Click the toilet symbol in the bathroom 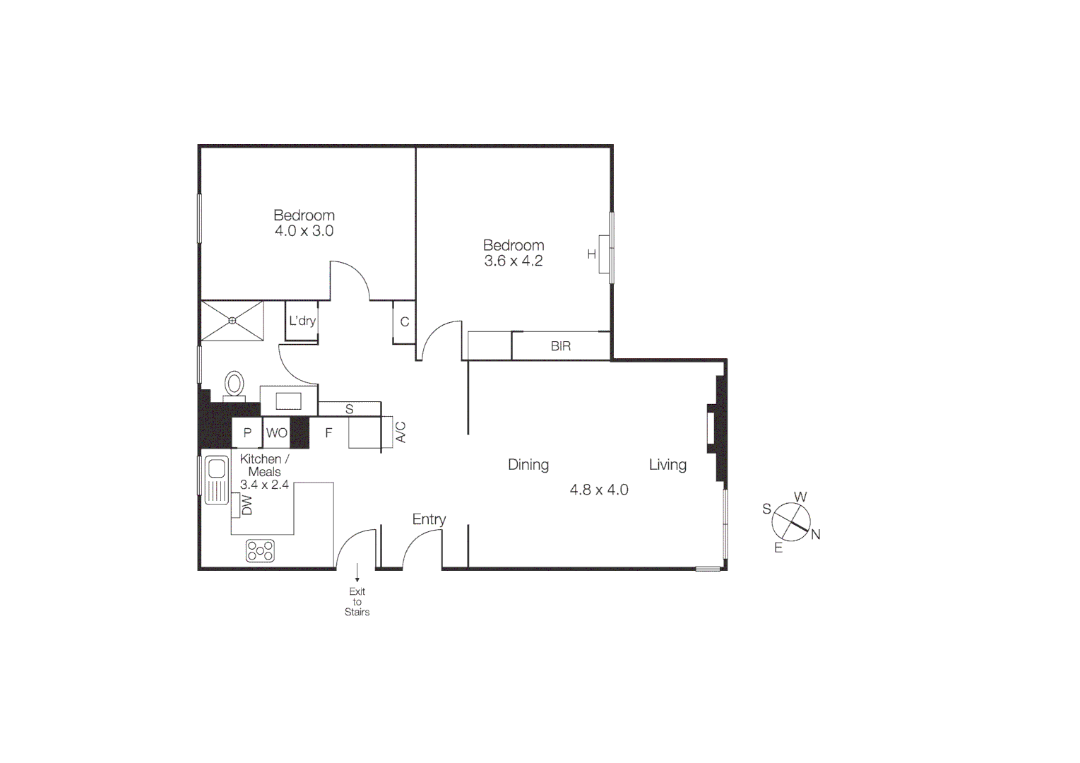point(235,385)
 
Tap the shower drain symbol point(232,321)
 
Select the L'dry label point(302,321)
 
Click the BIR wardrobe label point(561,346)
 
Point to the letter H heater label point(592,254)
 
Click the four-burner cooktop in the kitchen point(260,550)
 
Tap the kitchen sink point(217,480)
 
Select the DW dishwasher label point(247,505)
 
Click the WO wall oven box point(277,433)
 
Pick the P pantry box point(247,433)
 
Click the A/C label point(400,432)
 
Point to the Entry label point(429,519)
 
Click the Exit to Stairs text point(357,602)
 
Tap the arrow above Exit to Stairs point(357,572)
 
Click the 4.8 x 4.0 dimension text point(599,490)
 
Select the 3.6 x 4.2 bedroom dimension point(514,261)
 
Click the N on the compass point(816,535)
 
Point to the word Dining point(528,465)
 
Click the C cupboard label point(405,322)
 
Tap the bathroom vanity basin point(288,401)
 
